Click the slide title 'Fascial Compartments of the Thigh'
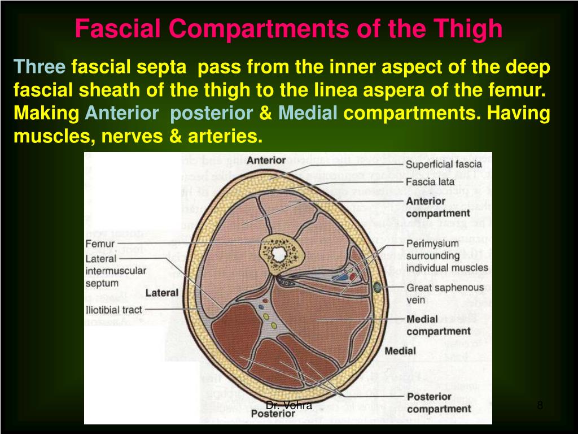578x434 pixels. coord(288,28)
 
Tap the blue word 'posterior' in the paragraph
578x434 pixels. coord(211,113)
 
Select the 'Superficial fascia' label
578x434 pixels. coord(444,164)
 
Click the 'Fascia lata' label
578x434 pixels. coord(430,182)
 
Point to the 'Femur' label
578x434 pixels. coord(100,244)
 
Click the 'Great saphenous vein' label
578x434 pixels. coord(445,294)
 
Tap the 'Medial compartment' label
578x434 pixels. coord(438,325)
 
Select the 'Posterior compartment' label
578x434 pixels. coord(438,402)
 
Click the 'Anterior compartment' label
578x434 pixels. coord(437,207)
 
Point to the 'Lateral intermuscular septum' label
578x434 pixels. coord(116,271)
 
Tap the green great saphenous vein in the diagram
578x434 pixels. coord(377,288)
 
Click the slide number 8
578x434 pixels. coord(540,405)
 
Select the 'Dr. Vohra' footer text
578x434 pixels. coord(289,405)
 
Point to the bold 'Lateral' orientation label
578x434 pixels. coord(162,293)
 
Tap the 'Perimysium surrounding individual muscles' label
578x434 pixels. coord(447,255)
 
